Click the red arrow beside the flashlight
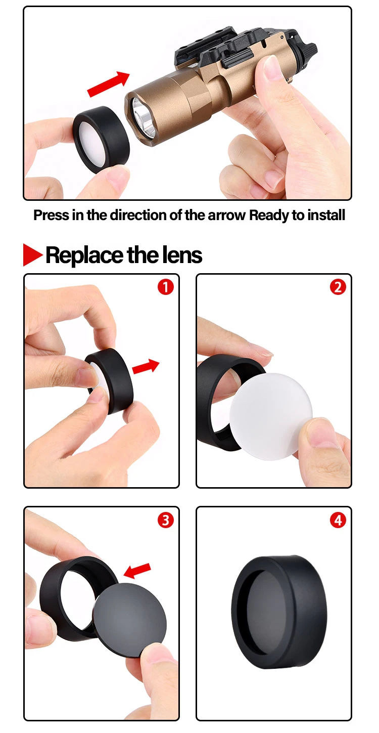coord(109,84)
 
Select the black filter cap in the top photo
coord(102,140)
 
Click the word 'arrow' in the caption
coord(226,215)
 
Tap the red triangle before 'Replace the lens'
coord(33,254)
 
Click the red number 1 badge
coord(165,287)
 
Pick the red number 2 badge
coord(338,287)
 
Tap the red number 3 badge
coord(165,520)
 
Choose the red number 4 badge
coord(338,520)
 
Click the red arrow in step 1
coord(146,366)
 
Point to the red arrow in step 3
coord(137,570)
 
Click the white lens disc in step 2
coord(271,416)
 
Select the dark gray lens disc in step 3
coord(129,620)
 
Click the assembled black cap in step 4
coord(279,608)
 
